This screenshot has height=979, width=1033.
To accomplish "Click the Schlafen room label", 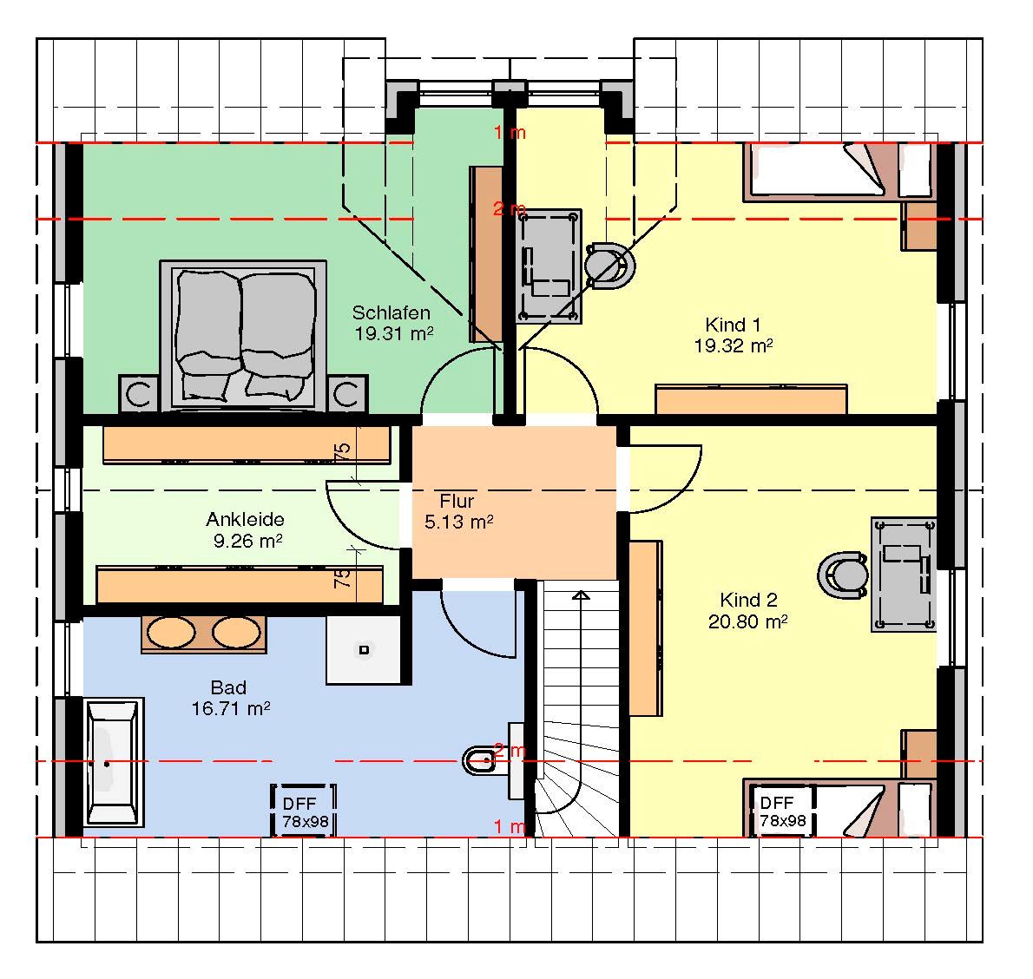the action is pos(391,312).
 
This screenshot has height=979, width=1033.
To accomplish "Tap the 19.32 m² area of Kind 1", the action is pos(733,345).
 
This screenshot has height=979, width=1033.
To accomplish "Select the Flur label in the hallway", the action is pos(457,501).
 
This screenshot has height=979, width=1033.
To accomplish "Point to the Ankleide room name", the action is pos(245,519).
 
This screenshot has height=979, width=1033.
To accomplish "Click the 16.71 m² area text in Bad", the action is pos(231,708).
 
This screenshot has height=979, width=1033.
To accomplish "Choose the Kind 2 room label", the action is pos(748,600).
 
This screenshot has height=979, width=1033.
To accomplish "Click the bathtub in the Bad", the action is pos(114,762).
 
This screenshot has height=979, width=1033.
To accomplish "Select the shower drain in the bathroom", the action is pos(364,649).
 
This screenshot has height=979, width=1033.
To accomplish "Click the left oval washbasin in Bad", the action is pos(171,633).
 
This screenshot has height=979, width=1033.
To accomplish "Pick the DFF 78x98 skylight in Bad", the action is pos(304,811).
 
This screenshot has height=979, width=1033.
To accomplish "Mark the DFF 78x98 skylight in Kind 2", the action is pos(782,811).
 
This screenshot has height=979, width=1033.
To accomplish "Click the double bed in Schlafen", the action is pos(243,335).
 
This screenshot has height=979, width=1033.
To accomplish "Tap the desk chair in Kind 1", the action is pos(610,266).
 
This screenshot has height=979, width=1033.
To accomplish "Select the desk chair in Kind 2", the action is pos(843,575).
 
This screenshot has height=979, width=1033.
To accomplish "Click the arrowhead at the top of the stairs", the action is pos(581,595).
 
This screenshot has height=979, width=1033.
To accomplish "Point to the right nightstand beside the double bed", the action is pos(346,394).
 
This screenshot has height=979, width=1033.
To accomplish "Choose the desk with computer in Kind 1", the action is pos(548,266).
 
